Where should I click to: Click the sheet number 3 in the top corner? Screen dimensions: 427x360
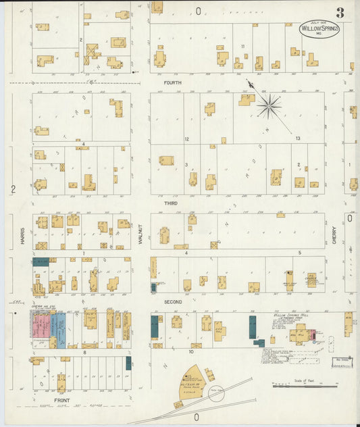(x=340, y=11)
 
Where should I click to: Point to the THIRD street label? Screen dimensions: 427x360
(x=170, y=202)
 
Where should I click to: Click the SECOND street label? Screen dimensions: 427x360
(x=172, y=301)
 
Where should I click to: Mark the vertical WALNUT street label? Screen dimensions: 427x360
(x=141, y=242)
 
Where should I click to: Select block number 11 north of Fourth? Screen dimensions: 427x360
(x=242, y=46)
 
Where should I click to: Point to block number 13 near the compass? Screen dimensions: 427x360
(x=298, y=138)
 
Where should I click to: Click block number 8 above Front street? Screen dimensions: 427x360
(x=84, y=352)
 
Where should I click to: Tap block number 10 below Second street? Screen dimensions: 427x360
(x=191, y=352)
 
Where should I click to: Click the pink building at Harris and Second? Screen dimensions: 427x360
(x=40, y=326)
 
